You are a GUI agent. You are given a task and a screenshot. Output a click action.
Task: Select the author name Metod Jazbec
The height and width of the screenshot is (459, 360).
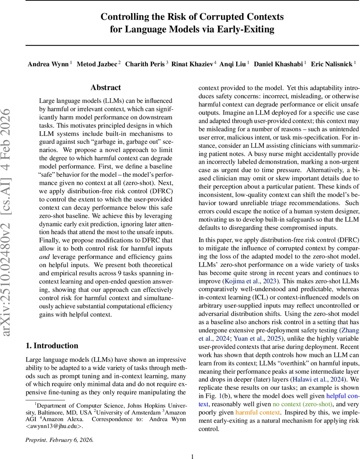(x=97, y=64)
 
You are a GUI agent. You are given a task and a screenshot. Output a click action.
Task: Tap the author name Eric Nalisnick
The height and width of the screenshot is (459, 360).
(x=331, y=64)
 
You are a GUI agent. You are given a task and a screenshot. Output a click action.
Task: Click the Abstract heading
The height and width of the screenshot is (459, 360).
(x=106, y=88)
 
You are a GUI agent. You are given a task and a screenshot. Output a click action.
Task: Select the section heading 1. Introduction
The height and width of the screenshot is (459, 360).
(x=52, y=346)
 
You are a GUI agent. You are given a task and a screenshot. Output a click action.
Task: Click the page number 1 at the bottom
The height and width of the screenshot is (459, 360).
(x=193, y=456)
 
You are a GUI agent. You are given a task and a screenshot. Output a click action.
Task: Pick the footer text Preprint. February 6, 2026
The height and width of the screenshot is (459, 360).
(x=59, y=440)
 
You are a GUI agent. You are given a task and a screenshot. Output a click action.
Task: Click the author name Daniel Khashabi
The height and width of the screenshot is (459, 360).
(x=279, y=64)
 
